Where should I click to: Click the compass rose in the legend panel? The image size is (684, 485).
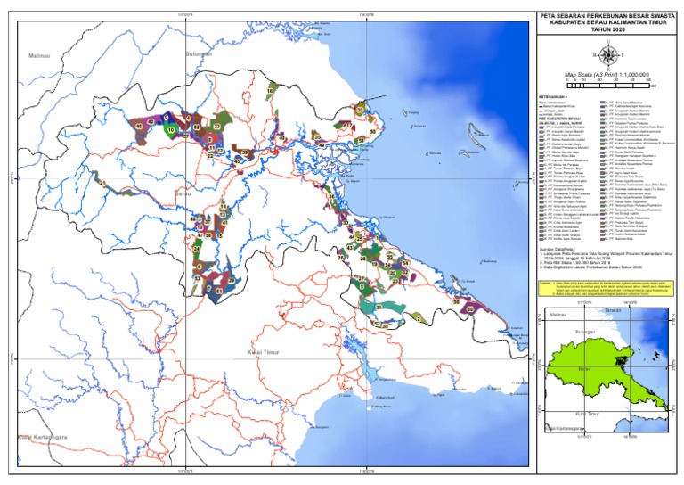click(x=607, y=55)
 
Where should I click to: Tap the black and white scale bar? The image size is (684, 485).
click(x=610, y=86)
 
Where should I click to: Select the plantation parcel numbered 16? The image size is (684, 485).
click(x=270, y=91)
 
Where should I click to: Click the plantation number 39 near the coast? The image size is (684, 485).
click(x=360, y=110)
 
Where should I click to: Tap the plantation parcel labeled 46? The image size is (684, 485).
click(x=138, y=127)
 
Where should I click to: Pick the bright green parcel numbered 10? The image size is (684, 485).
click(x=171, y=130)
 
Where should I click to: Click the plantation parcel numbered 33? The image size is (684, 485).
click(x=216, y=127)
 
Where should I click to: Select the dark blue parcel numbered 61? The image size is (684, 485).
click(x=218, y=292)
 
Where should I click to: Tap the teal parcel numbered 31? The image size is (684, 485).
click(x=379, y=308)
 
